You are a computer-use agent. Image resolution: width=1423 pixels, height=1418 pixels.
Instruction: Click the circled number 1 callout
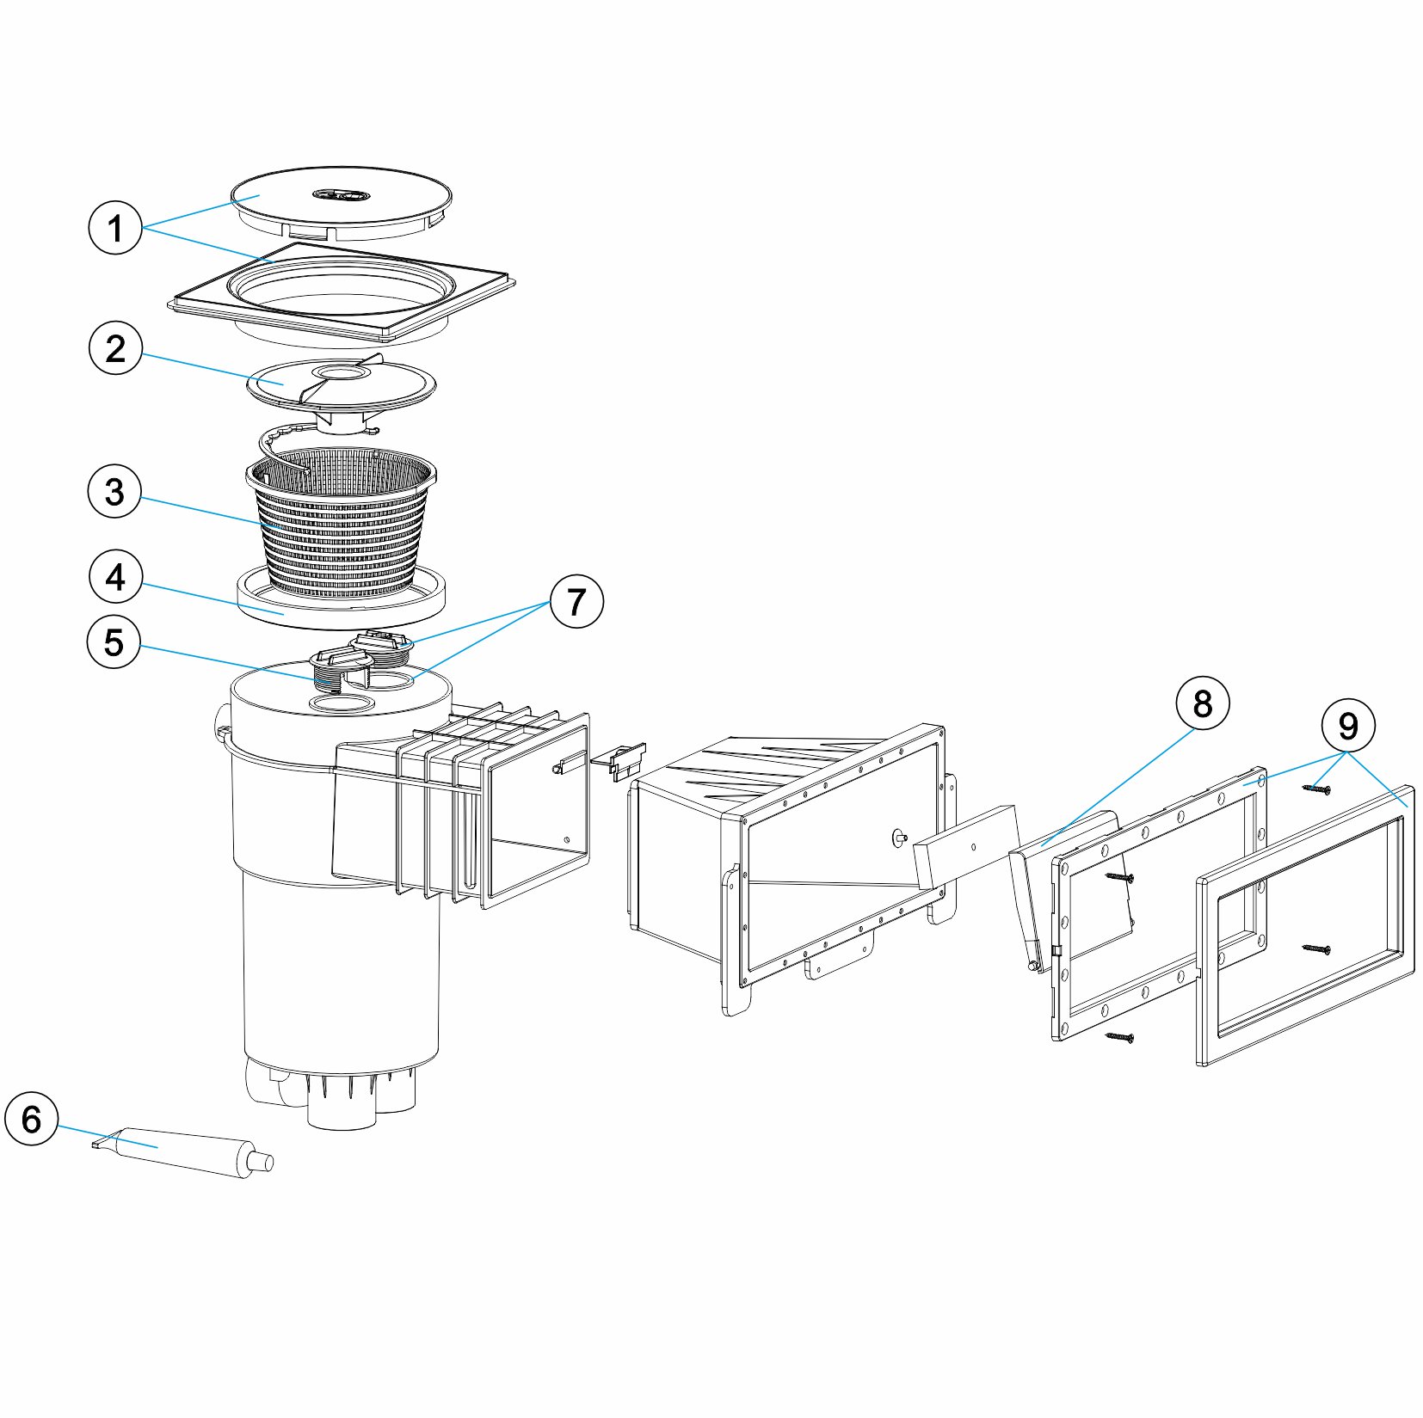click(115, 228)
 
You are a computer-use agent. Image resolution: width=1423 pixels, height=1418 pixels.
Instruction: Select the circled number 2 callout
click(115, 348)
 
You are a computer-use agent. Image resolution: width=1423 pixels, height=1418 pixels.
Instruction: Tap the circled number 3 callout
click(114, 492)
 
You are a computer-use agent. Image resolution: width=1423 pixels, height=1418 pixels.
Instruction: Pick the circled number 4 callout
click(115, 578)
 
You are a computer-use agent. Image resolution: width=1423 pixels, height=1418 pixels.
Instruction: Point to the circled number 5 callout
click(114, 642)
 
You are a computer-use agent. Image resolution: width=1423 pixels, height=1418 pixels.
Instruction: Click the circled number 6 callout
click(31, 1120)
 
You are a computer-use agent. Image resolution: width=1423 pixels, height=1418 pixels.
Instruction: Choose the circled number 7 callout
click(576, 601)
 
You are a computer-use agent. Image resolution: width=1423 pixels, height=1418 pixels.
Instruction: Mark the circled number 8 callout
click(1202, 703)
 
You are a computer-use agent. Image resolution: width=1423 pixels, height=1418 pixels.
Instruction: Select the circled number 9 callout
click(1347, 726)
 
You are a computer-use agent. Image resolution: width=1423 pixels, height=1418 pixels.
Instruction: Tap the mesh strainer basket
click(342, 525)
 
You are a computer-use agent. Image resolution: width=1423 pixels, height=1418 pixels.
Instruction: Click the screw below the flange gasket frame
click(1119, 1037)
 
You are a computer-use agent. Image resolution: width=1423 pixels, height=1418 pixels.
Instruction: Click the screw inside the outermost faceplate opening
click(1316, 948)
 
